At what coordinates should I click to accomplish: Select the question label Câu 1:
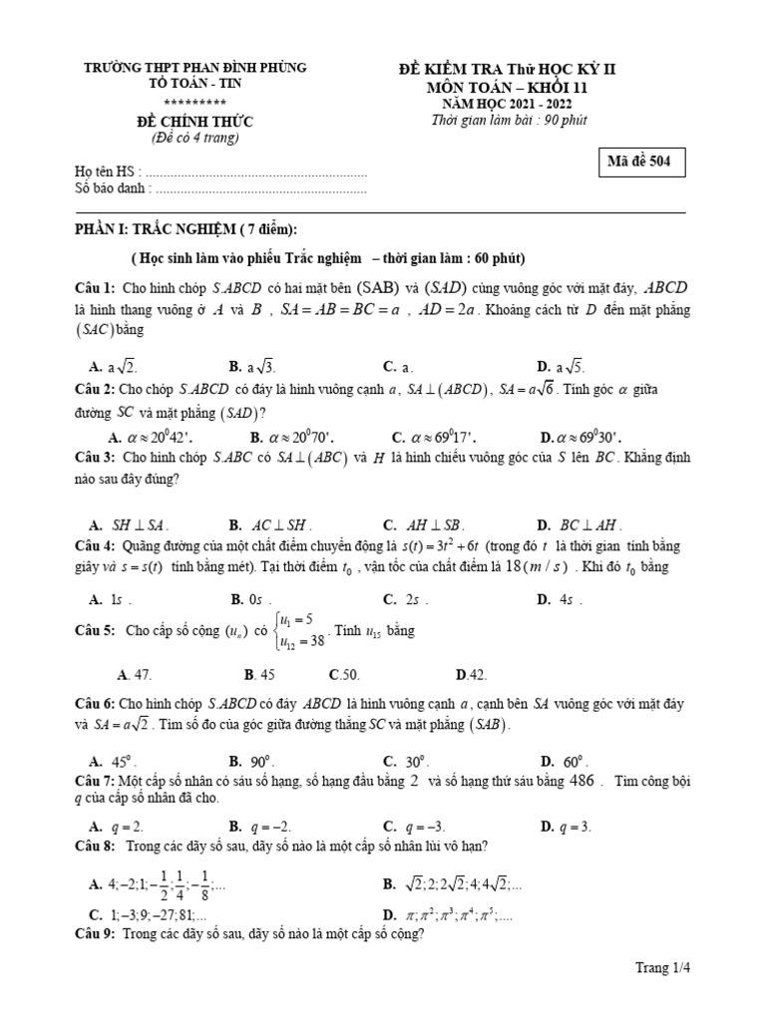point(95,287)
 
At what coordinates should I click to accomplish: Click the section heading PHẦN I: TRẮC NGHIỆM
point(186,229)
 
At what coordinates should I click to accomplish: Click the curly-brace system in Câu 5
point(302,630)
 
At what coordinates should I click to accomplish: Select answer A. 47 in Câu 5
point(135,674)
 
